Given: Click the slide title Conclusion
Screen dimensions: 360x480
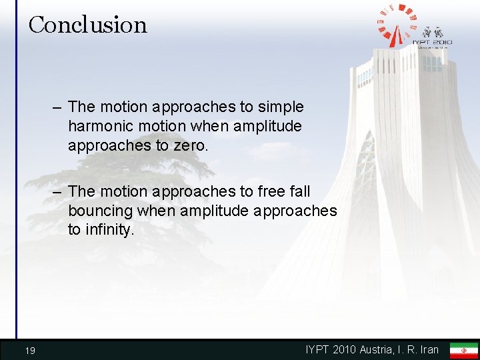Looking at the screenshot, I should point(87,25).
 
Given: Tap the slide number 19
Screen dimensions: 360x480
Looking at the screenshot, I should point(29,351).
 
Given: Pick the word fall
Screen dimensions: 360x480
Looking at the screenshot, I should point(297,191).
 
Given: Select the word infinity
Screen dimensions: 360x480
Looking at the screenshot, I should point(109,230).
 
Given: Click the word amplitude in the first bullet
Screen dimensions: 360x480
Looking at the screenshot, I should point(269,126).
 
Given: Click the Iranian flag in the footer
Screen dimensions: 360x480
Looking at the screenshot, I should point(463,350).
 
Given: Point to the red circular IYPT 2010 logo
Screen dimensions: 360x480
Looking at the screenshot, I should point(398,25).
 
